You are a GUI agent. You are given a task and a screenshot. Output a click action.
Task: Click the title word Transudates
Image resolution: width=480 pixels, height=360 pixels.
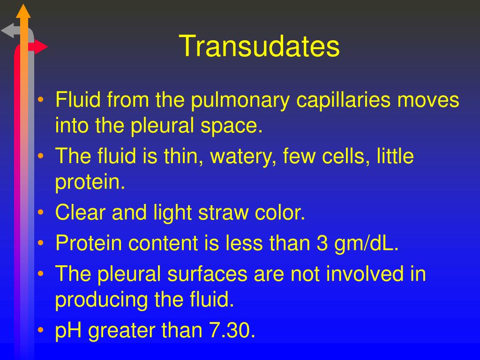[x=259, y=46]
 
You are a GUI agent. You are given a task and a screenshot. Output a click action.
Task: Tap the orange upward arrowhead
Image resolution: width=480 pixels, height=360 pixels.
[x=23, y=10]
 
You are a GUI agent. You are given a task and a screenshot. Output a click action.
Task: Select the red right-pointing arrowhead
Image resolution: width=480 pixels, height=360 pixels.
[x=41, y=47]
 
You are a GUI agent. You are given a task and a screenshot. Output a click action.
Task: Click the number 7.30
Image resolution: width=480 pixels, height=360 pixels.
[x=231, y=331]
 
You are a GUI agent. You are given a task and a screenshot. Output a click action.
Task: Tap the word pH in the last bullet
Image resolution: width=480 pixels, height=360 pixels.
[x=69, y=331]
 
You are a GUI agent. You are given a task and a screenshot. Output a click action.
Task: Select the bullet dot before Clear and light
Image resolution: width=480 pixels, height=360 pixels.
[x=42, y=213]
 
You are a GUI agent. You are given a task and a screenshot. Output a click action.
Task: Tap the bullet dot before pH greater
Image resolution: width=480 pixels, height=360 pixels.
[x=42, y=331]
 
